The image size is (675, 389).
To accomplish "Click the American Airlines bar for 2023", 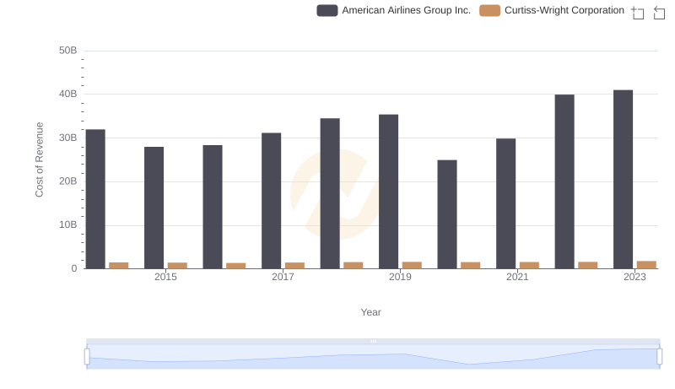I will pyautogui.click(x=623, y=179).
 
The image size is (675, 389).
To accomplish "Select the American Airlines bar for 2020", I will pyautogui.click(x=447, y=214).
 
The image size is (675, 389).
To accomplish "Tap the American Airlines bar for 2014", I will pyautogui.click(x=95, y=199).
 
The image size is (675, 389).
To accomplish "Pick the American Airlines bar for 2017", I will pyautogui.click(x=271, y=201).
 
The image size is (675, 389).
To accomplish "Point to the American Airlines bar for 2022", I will pyautogui.click(x=564, y=181).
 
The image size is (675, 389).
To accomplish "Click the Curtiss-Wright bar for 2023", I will pyautogui.click(x=646, y=265).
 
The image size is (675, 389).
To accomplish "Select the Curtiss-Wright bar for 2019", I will pyautogui.click(x=412, y=265).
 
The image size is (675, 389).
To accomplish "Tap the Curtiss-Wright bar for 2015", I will pyautogui.click(x=177, y=266).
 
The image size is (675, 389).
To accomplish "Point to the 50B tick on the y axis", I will pyautogui.click(x=67, y=51).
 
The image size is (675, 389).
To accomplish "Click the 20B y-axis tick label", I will pyautogui.click(x=67, y=181).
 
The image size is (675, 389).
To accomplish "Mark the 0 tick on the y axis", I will pyautogui.click(x=73, y=268).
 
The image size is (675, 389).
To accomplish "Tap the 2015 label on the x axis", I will pyautogui.click(x=165, y=277).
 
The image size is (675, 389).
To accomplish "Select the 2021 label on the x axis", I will pyautogui.click(x=517, y=277).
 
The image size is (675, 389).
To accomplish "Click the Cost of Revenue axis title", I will pyautogui.click(x=40, y=159).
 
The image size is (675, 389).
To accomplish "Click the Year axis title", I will pyautogui.click(x=371, y=312).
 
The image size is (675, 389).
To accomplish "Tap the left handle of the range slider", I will pyautogui.click(x=87, y=356).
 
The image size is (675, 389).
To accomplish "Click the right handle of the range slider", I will pyautogui.click(x=660, y=356).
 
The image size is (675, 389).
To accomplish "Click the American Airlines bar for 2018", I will pyautogui.click(x=330, y=193).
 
